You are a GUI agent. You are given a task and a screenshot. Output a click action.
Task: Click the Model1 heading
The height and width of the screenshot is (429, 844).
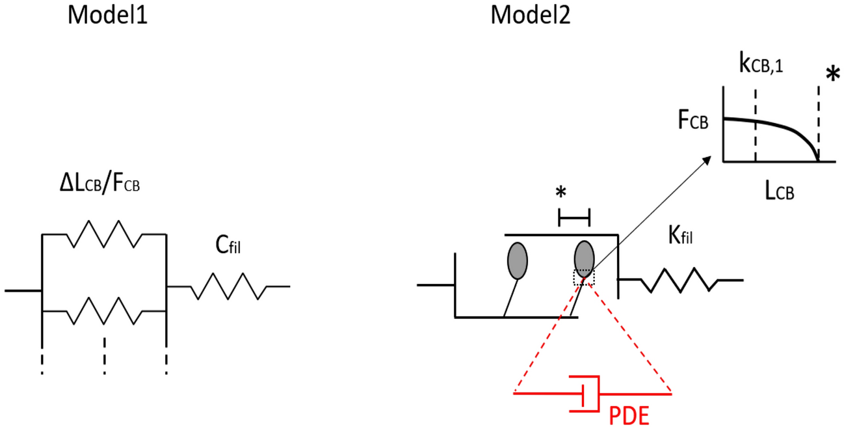point(107,16)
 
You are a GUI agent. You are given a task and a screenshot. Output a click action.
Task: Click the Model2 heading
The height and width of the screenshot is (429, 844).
point(531,16)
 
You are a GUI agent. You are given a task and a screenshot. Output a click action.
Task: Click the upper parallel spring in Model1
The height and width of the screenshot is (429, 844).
point(103,234)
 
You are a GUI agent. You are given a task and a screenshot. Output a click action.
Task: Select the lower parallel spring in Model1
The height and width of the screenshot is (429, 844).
point(103,311)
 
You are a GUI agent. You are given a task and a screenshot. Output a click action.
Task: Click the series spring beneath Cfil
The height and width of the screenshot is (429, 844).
point(228,286)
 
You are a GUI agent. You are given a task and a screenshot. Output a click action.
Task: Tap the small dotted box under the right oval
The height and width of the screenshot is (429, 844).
point(583,277)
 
